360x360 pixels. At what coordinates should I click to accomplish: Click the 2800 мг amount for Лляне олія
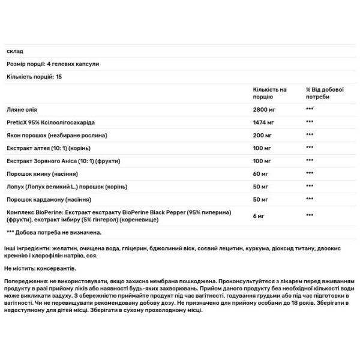pos(265,109)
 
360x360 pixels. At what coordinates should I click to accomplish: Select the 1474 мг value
pos(265,121)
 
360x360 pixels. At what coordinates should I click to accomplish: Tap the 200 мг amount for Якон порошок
pos(263,134)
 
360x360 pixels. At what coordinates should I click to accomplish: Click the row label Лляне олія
pos(22,109)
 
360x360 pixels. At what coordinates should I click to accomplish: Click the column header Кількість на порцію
pos(271,92)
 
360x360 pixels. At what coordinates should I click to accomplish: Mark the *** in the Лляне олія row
pos(310,109)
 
